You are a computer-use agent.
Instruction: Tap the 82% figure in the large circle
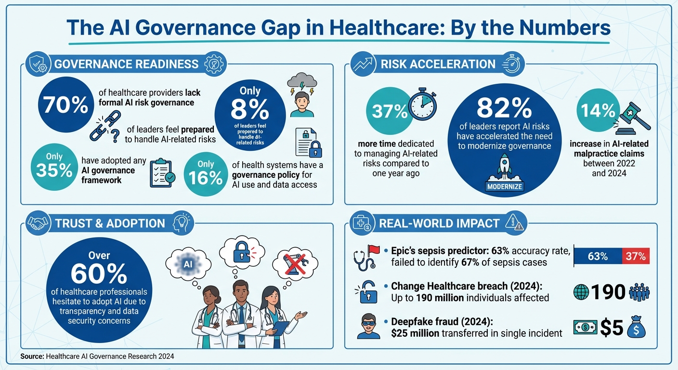(504, 110)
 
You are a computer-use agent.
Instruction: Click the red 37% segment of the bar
(636, 256)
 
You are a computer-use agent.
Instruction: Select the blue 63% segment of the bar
(598, 256)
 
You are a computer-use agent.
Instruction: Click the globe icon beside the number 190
(581, 292)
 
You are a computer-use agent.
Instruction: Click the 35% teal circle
(55, 167)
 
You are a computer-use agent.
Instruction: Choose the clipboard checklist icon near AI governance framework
(162, 172)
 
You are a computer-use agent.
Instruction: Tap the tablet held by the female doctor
(281, 328)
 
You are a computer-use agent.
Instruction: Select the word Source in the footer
(32, 357)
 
